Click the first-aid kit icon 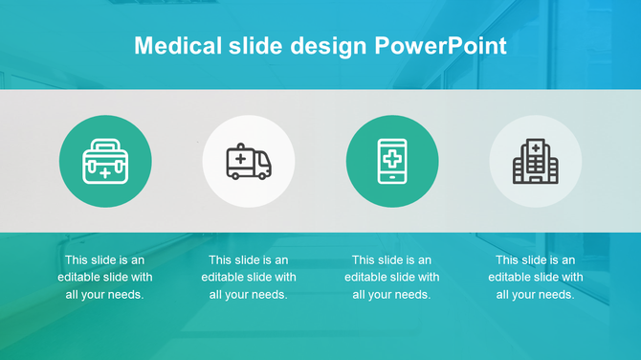pos(104,161)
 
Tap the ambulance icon pos(248,161)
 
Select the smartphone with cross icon pos(392,161)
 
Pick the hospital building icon pos(535,161)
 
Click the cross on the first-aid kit pos(104,173)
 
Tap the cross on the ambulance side pos(239,157)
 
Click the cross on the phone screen pos(392,155)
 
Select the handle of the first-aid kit pos(104,145)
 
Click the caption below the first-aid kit pos(104,277)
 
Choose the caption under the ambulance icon pos(248,277)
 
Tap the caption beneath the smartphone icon pos(392,277)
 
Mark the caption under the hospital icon pos(535,277)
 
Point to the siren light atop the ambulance pos(240,145)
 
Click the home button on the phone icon pos(392,177)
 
